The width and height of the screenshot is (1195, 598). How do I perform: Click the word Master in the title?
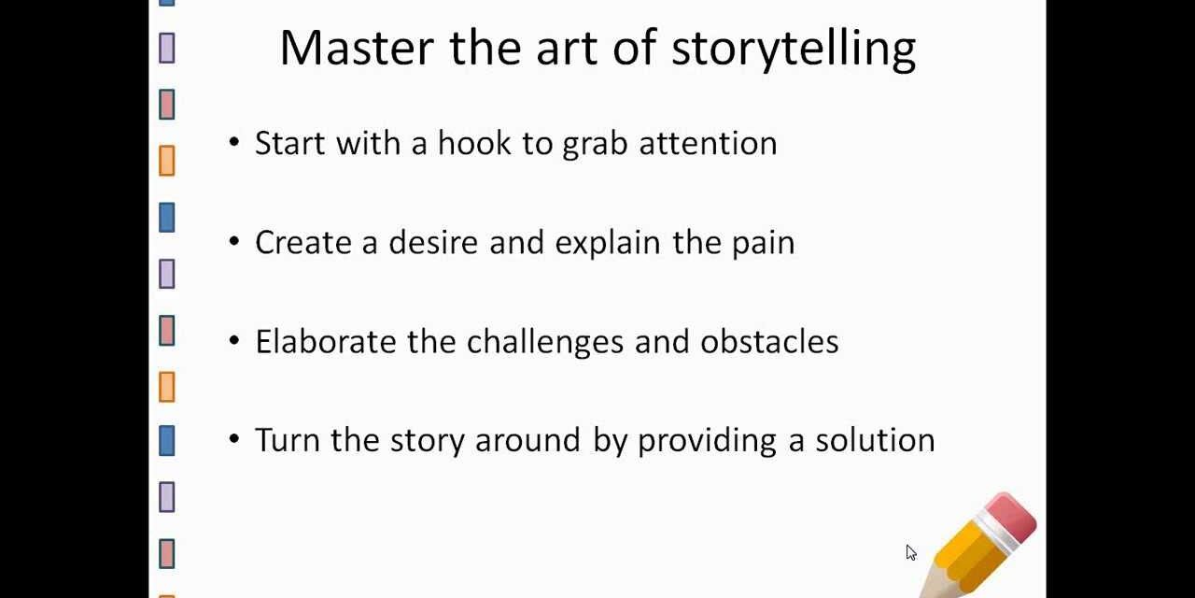(358, 49)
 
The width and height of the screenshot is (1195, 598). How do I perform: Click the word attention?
(708, 143)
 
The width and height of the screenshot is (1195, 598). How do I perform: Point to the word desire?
(434, 242)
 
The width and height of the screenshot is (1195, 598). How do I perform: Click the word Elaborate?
(326, 341)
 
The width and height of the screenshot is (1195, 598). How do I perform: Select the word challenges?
(545, 341)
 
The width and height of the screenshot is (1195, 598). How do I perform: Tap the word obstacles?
(769, 341)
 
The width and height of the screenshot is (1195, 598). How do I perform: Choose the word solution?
(875, 440)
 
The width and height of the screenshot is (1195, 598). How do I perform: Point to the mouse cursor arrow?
(910, 551)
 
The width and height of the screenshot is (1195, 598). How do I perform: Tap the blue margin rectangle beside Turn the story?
(167, 440)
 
